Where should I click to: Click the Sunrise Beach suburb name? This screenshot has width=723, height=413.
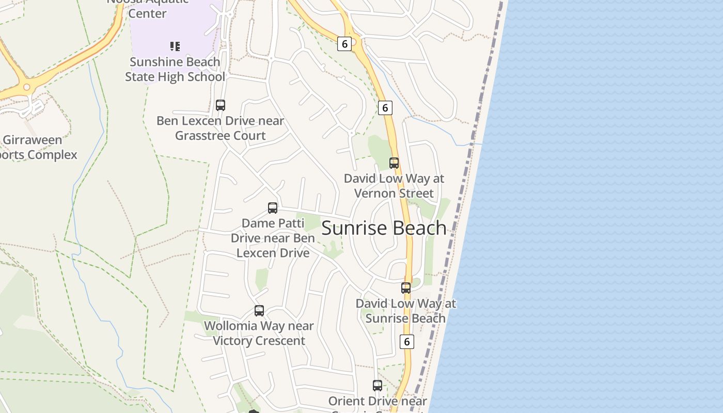point(384,228)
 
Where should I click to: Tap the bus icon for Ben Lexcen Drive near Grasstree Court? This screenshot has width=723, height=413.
point(221,105)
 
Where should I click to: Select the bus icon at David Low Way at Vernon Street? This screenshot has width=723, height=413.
point(394,163)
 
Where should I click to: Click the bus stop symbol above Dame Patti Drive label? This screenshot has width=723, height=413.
point(273,208)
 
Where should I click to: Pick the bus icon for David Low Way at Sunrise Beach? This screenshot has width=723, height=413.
point(406,288)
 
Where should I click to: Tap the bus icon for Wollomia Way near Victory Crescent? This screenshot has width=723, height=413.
point(259,311)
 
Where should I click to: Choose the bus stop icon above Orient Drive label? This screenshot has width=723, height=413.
point(378,386)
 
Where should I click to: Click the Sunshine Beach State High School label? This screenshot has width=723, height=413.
point(175,69)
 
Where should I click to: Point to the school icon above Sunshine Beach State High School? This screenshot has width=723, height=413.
point(175,46)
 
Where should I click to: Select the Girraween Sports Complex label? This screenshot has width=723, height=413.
point(36,147)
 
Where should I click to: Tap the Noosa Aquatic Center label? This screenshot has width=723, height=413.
point(147,8)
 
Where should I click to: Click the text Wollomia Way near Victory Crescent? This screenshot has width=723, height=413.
point(259,333)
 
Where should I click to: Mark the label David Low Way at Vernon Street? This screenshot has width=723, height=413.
point(394,186)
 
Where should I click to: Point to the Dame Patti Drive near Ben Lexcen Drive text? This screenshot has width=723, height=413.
point(273,238)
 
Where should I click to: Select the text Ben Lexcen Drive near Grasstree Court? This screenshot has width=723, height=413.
point(221,128)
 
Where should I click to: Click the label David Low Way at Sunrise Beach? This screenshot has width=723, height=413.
point(406,311)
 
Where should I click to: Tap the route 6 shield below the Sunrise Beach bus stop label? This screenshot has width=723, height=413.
point(407,341)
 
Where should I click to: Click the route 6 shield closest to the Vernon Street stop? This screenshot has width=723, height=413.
point(385,107)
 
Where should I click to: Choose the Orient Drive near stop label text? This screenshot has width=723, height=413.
point(378,402)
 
